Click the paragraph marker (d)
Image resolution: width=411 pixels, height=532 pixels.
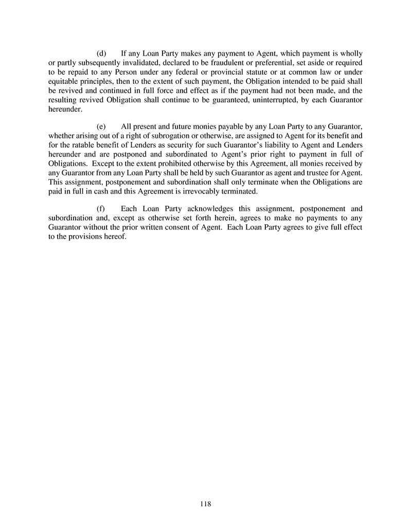[101, 54]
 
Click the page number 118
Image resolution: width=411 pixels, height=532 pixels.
[205, 504]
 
